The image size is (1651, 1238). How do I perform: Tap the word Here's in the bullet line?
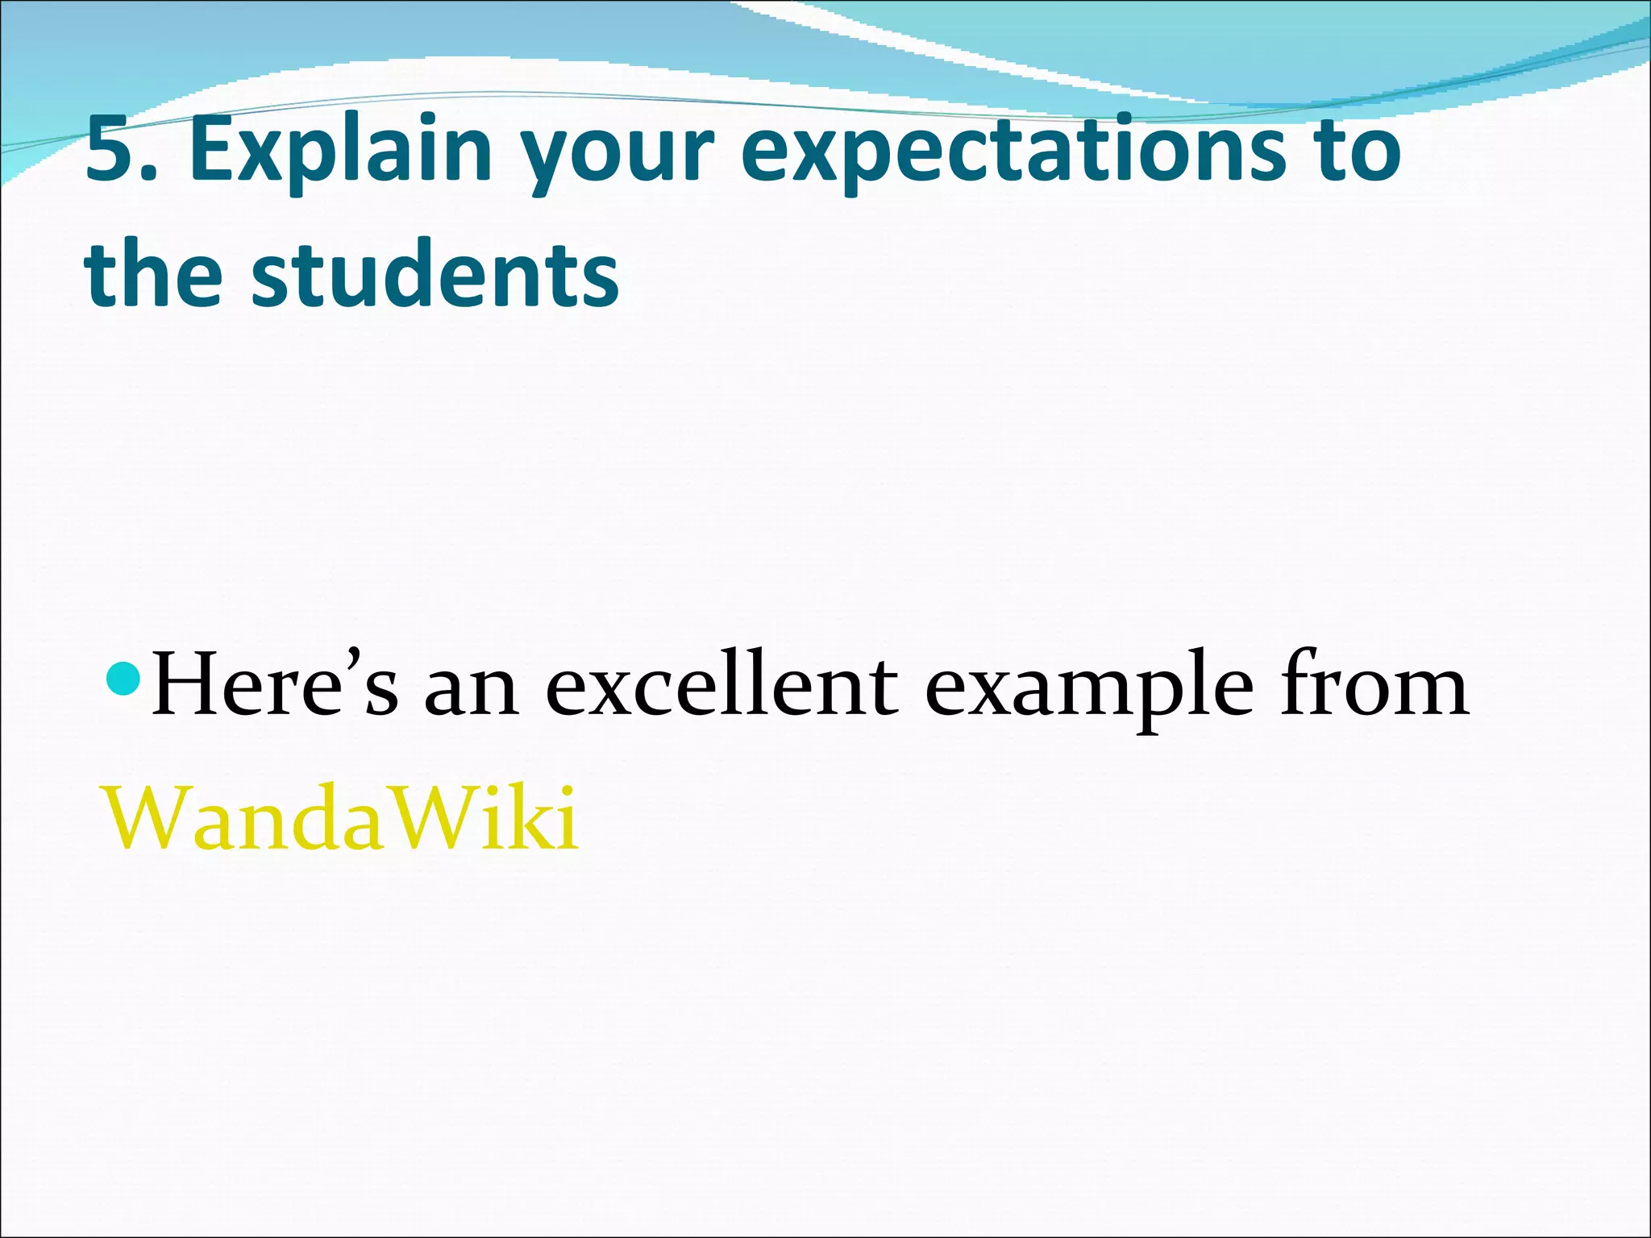pos(274,685)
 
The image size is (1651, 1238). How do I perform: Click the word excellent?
pos(722,685)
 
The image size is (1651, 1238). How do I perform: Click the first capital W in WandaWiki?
pos(145,817)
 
